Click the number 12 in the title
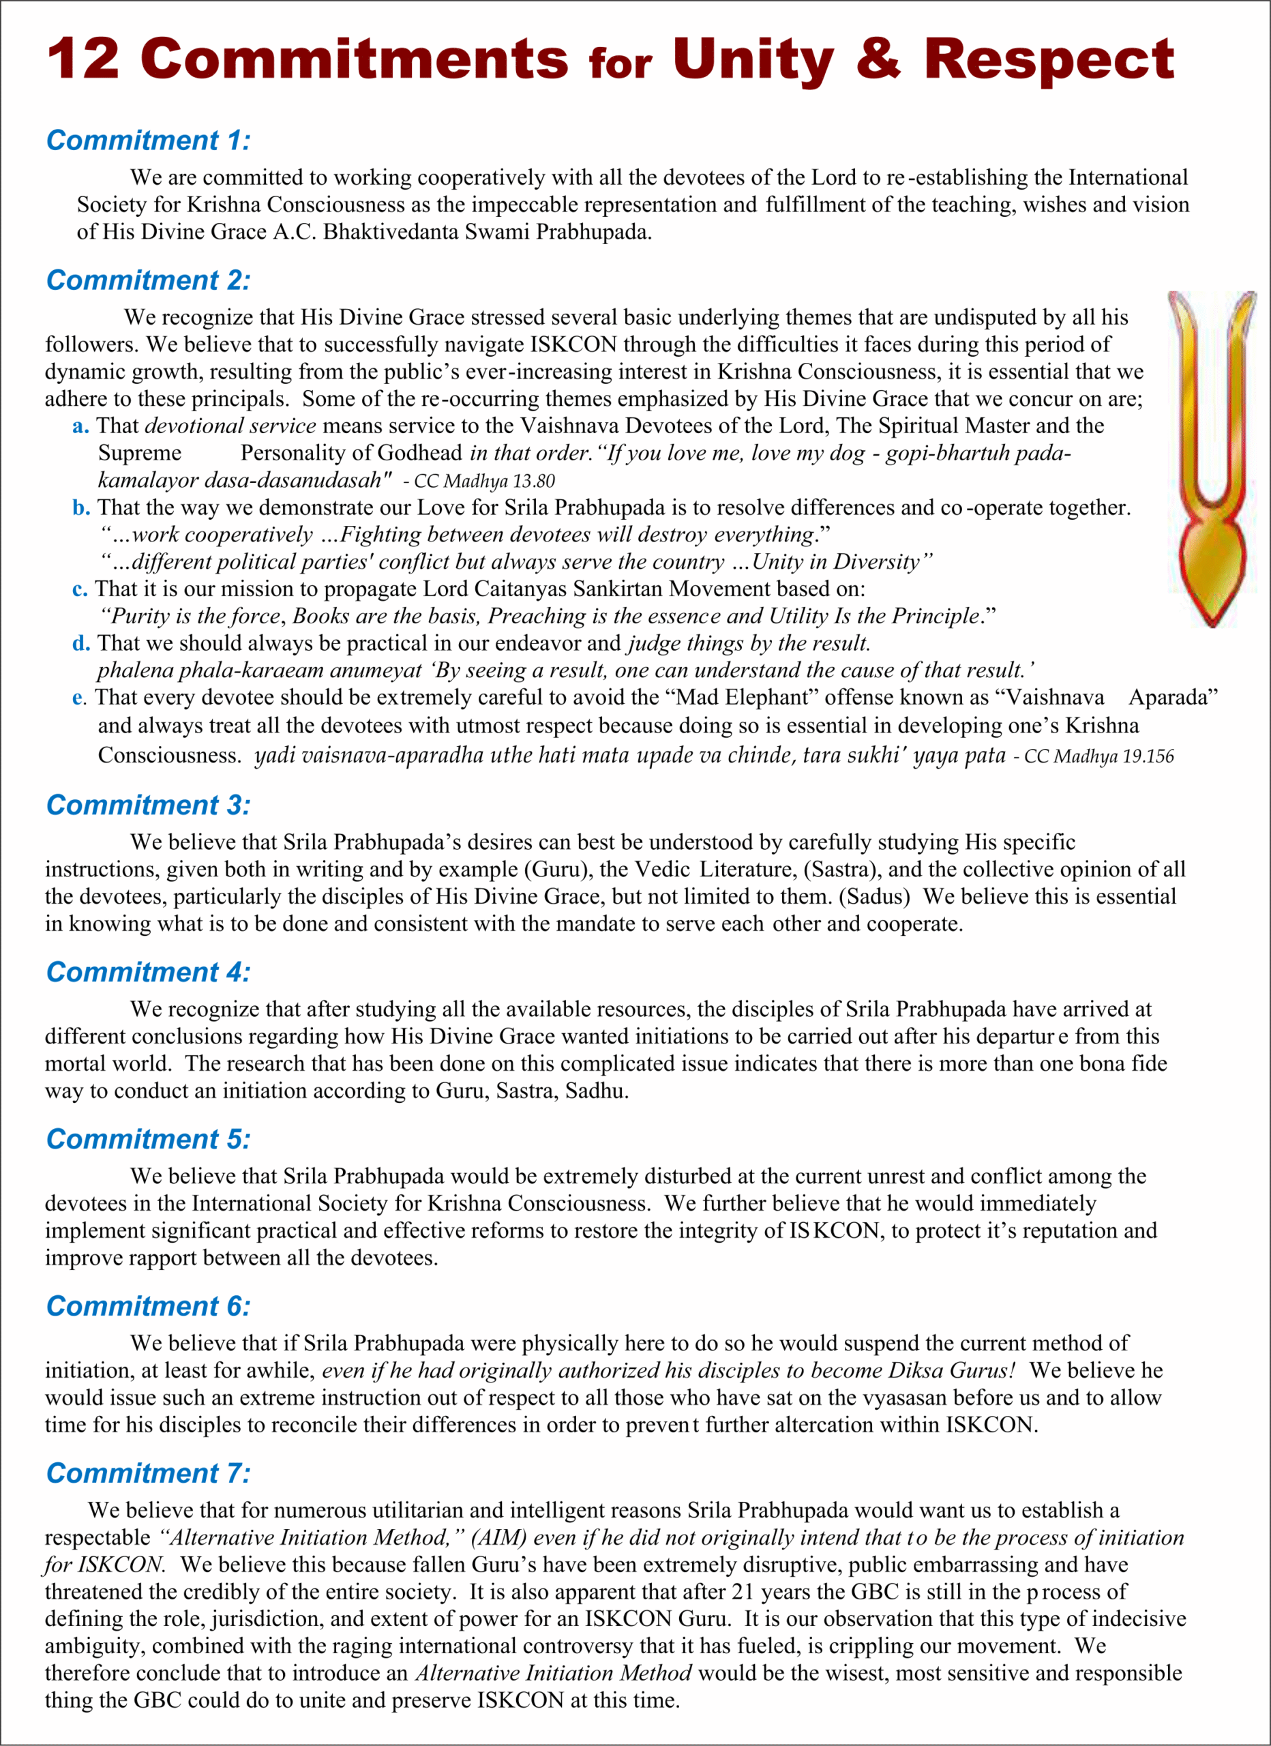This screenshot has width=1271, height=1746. pyautogui.click(x=83, y=59)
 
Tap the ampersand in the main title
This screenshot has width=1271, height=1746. pyautogui.click(x=877, y=59)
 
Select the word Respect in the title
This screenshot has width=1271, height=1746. pyautogui.click(x=1049, y=60)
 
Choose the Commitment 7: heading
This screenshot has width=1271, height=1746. pyautogui.click(x=148, y=1473)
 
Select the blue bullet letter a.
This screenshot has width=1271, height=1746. pyautogui.click(x=80, y=426)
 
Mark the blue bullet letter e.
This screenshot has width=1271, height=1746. pyautogui.click(x=78, y=698)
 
